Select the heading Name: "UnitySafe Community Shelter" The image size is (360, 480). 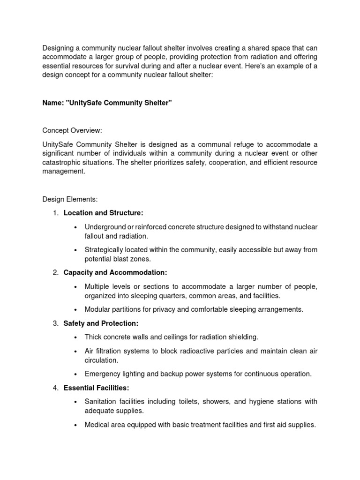tap(107, 103)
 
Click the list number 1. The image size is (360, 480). tap(55, 213)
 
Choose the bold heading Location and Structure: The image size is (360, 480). tap(103, 213)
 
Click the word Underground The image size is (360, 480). tap(104, 227)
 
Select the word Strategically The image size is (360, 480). tap(104, 250)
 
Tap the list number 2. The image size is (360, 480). tap(55, 272)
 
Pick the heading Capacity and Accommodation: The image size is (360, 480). tap(115, 272)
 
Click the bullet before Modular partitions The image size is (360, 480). tap(75, 309)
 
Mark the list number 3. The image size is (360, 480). tap(55, 323)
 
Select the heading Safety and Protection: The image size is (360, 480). tap(101, 323)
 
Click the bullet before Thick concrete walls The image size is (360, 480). tap(75, 337)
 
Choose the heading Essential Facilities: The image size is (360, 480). tap(96, 388)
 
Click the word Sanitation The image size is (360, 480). tap(101, 402)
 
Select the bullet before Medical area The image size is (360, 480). tap(75, 425)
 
